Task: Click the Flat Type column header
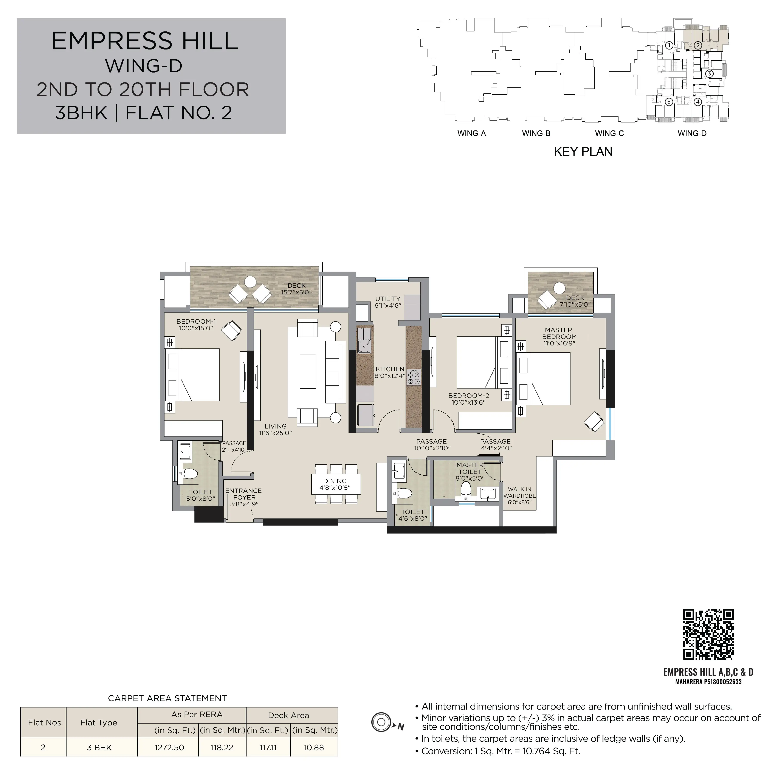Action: point(99,722)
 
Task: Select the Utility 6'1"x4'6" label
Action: point(388,302)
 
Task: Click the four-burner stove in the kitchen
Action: point(414,377)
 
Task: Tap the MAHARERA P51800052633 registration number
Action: point(708,682)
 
